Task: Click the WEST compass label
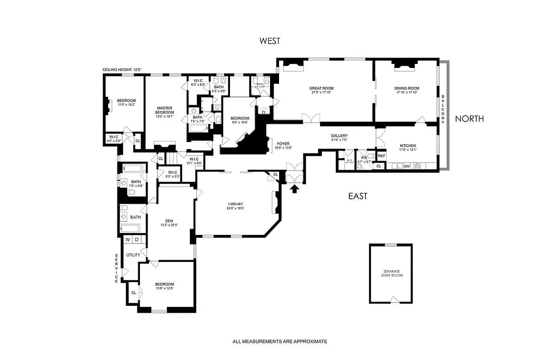(270, 41)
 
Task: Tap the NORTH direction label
(469, 119)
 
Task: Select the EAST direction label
(358, 196)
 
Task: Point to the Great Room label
(321, 88)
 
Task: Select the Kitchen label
(408, 145)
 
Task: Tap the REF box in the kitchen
(382, 156)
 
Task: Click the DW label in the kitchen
(406, 166)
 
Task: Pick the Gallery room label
(339, 136)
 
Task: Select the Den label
(169, 220)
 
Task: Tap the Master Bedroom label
(165, 110)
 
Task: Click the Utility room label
(133, 255)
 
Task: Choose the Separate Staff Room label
(390, 273)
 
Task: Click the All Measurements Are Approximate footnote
(280, 342)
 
